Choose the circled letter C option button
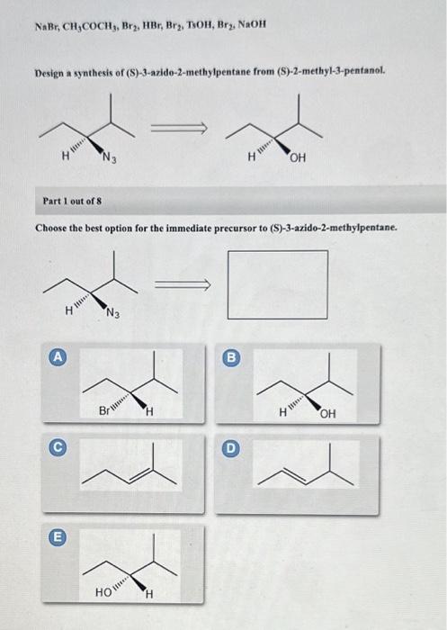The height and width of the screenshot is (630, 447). point(56,444)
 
